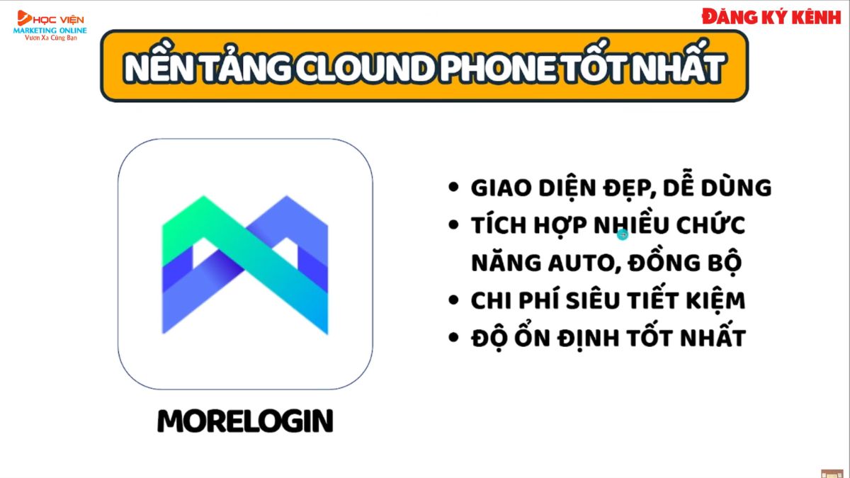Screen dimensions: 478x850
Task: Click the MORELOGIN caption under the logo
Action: (x=245, y=421)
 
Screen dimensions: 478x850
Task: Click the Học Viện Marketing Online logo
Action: (x=50, y=25)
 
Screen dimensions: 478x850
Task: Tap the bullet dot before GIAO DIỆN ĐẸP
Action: (x=453, y=188)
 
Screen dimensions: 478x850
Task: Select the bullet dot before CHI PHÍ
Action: (x=453, y=300)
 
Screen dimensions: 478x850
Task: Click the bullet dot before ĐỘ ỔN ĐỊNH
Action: (x=453, y=338)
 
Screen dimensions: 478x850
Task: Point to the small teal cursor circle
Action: (x=623, y=234)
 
